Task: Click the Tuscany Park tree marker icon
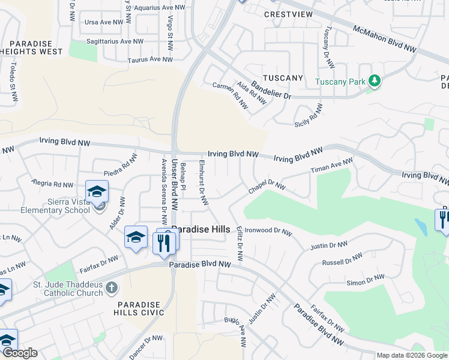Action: (x=374, y=80)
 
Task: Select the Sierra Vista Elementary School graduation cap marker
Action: (x=97, y=191)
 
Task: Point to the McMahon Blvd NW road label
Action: (x=384, y=38)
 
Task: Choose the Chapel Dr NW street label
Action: (x=267, y=187)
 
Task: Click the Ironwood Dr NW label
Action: (x=267, y=231)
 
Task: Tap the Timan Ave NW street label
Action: (x=331, y=167)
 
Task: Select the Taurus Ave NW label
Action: (x=150, y=59)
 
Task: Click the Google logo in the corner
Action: (x=19, y=353)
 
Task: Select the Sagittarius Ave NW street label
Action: (x=115, y=41)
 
